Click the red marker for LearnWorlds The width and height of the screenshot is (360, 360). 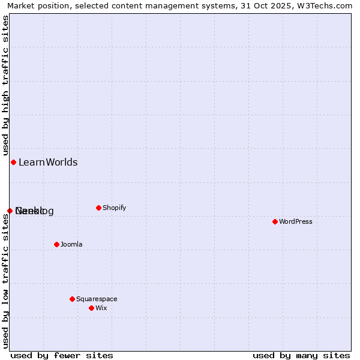(x=13, y=162)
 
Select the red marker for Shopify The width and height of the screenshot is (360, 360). (x=98, y=208)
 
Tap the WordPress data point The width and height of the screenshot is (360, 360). (x=275, y=221)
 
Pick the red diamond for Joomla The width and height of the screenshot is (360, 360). (x=56, y=244)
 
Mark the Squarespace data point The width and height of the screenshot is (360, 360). (x=72, y=299)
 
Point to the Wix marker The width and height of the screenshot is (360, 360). (x=91, y=308)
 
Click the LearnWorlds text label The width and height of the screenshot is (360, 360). (x=48, y=162)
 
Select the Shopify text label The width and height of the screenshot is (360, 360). (x=114, y=208)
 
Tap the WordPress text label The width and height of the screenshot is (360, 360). (x=295, y=221)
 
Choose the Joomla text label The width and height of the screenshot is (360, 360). (x=71, y=244)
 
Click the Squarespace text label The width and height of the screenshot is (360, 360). (x=97, y=299)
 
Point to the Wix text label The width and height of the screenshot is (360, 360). (x=101, y=308)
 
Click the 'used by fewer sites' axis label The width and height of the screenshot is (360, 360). (x=62, y=355)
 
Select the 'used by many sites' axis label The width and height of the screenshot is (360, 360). (x=301, y=355)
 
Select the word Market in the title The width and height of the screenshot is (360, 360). (x=21, y=5)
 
